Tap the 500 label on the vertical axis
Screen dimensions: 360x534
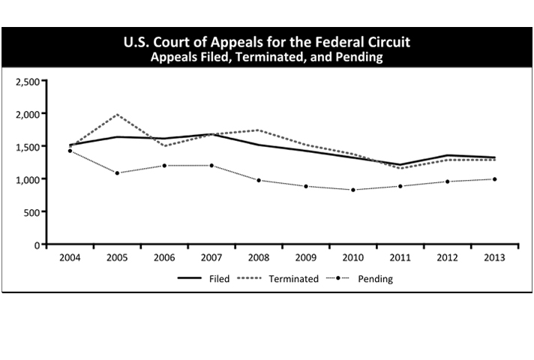(32, 212)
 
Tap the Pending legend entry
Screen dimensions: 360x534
(374, 279)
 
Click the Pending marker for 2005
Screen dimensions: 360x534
(117, 173)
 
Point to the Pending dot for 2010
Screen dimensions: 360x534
(353, 190)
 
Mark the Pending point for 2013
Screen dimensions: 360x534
(494, 179)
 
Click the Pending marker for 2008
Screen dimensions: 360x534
(259, 180)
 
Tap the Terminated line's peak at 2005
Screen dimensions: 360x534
(117, 115)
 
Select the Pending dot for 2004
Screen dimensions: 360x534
(70, 151)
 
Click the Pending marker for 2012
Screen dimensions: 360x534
(447, 181)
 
